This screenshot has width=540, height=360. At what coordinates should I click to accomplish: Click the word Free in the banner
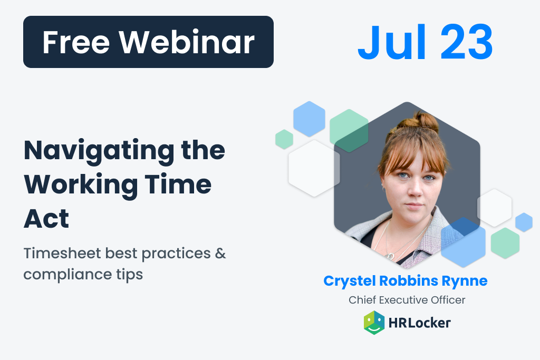76,42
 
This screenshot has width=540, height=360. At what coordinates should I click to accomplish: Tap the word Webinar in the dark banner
187,42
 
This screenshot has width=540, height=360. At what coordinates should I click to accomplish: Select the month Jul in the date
392,42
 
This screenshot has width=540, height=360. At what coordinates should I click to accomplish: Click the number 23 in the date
466,42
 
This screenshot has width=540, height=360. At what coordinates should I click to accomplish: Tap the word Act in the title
46,219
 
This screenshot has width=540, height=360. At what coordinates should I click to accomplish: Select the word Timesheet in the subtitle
62,253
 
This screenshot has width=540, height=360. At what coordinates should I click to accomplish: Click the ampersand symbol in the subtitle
220,254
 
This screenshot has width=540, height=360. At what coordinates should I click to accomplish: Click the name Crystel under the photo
349,281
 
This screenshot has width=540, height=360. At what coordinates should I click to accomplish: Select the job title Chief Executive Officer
407,300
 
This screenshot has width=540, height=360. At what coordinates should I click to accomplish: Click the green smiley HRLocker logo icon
374,323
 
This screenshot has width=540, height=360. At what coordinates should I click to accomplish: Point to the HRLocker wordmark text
419,323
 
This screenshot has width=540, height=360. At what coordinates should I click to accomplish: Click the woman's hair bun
426,121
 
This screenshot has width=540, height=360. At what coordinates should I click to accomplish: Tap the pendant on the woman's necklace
391,256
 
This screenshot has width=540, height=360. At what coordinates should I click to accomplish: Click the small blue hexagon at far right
524,222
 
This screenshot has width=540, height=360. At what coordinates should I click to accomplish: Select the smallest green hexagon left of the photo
284,139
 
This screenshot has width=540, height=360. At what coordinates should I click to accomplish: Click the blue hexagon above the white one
309,119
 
